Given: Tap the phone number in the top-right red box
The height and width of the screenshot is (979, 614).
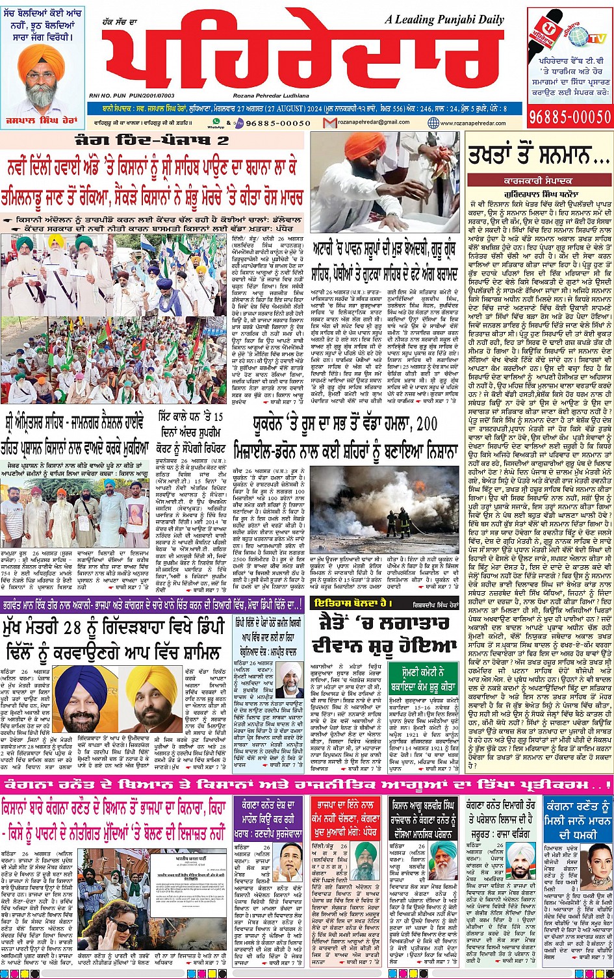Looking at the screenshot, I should pos(570,116).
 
